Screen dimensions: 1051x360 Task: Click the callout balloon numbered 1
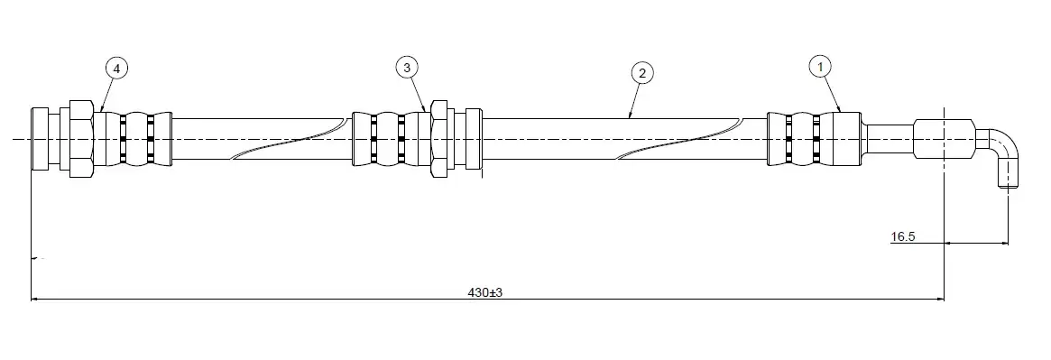coord(820,67)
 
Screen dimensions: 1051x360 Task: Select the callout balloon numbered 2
coord(642,73)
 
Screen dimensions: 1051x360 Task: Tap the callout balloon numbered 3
coord(407,67)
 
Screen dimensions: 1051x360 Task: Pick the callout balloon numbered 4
coord(116,68)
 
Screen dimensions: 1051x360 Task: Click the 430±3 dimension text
coord(485,292)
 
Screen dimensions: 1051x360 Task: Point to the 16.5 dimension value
coord(903,236)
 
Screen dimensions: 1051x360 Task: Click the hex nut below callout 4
coord(81,139)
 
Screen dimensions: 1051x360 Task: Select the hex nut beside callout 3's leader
coord(439,139)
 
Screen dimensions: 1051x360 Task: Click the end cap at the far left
coord(41,139)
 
